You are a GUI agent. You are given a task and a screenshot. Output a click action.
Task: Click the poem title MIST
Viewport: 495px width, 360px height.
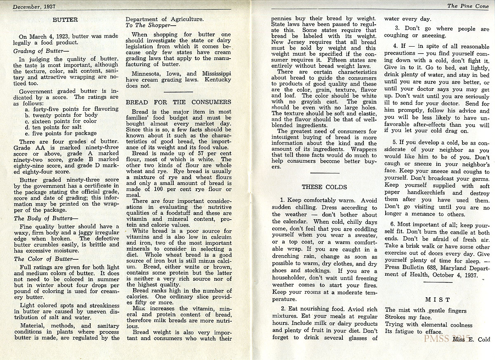click(437, 299)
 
